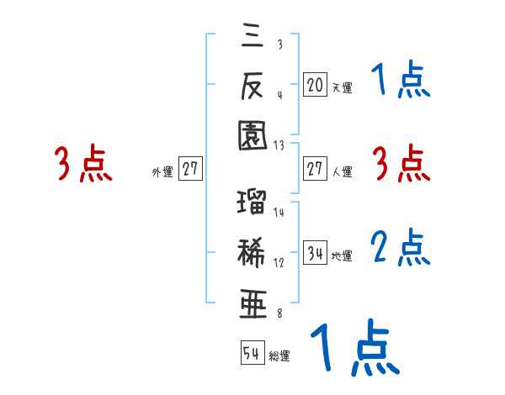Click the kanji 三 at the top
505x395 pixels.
pyautogui.click(x=252, y=37)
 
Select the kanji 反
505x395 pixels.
pyautogui.click(x=252, y=85)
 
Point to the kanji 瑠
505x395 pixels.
pyautogui.click(x=252, y=203)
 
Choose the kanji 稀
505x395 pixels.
pyautogui.click(x=252, y=252)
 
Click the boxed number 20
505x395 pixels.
pyautogui.click(x=315, y=84)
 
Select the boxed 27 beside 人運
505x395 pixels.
pyautogui.click(x=315, y=169)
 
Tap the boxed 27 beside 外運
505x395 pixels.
pyautogui.click(x=190, y=169)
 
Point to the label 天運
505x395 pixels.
pyautogui.click(x=342, y=87)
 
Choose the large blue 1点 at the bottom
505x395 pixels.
pyautogui.click(x=353, y=348)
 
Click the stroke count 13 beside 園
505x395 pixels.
pyautogui.click(x=279, y=145)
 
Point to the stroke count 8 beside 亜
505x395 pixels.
pyautogui.click(x=279, y=314)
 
